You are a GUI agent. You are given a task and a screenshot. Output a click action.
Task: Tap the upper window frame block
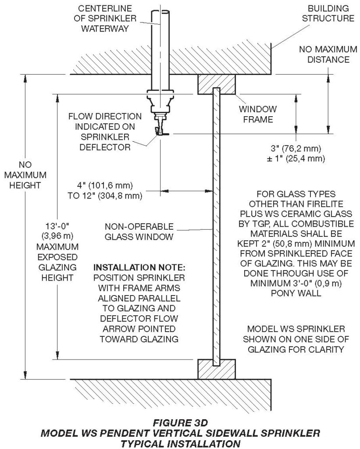click(217, 84)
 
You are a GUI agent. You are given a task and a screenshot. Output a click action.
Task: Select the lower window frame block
click(216, 369)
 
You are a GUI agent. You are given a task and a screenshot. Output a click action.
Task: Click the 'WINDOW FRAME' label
click(257, 114)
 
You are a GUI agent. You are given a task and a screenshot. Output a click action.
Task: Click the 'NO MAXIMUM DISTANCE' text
click(324, 54)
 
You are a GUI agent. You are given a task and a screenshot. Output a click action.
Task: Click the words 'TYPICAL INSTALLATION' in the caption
click(180, 443)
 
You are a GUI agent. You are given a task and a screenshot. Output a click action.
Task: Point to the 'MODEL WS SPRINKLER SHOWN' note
click(296, 339)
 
